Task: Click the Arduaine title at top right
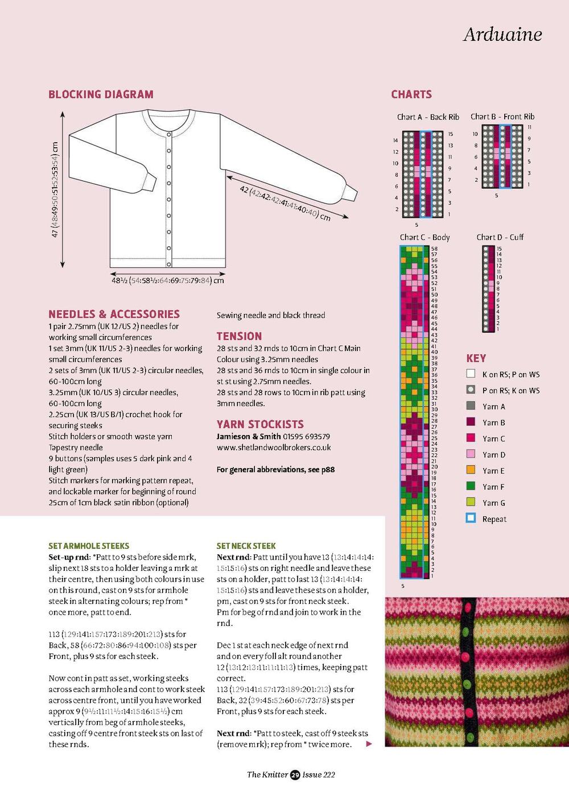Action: tap(502, 34)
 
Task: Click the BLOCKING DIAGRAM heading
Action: tap(101, 94)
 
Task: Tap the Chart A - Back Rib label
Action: tap(428, 117)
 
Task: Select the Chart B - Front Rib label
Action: tap(502, 117)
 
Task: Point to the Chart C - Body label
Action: tap(424, 237)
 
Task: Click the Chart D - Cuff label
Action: tap(500, 237)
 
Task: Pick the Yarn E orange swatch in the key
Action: tap(471, 470)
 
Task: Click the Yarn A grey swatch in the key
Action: tap(471, 406)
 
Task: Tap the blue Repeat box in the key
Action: tap(471, 518)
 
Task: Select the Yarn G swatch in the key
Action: tap(471, 502)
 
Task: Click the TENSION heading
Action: tap(239, 336)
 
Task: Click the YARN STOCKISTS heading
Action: tap(260, 424)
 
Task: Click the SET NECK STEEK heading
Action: tap(246, 546)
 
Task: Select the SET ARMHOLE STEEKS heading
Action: tap(89, 546)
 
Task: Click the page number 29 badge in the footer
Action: tap(295, 774)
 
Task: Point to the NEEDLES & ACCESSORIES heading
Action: tap(114, 314)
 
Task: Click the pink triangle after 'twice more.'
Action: tap(369, 744)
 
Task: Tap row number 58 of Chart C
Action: tap(434, 249)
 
